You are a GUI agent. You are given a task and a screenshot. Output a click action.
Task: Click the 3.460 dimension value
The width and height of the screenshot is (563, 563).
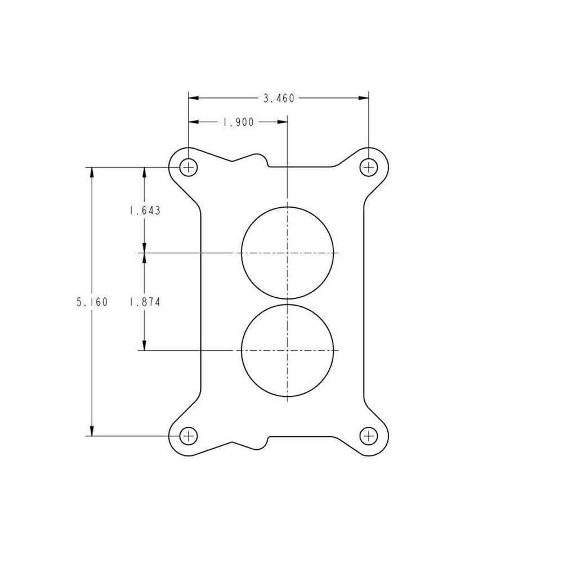(279, 99)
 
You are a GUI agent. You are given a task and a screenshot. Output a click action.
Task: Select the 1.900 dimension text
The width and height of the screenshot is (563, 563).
(238, 122)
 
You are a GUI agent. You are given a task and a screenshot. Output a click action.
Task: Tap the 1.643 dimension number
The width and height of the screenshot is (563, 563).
(145, 211)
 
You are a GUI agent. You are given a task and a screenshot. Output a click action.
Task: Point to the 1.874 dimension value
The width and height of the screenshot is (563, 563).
(145, 302)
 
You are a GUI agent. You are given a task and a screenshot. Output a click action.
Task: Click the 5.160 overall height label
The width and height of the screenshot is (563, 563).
(92, 302)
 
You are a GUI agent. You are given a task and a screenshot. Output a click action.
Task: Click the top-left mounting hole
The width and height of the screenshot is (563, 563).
(189, 167)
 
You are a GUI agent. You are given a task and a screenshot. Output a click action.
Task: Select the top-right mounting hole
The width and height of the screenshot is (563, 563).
(368, 167)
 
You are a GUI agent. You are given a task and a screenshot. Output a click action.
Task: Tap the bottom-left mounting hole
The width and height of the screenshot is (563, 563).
(189, 436)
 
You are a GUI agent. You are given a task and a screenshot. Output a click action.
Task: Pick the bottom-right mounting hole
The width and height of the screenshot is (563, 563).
(368, 436)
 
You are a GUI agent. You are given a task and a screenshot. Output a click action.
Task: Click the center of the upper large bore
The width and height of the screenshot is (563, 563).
(288, 253)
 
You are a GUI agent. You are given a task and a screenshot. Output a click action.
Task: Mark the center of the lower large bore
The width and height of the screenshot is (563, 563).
(288, 350)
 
